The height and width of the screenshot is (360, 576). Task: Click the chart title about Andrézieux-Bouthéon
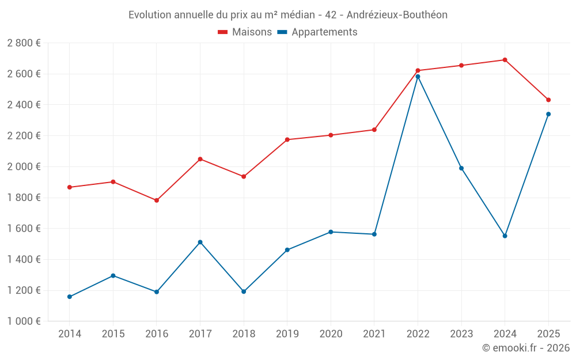(x=287, y=15)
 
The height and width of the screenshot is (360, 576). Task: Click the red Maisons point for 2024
(x=505, y=60)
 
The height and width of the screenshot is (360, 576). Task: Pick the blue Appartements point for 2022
(x=418, y=77)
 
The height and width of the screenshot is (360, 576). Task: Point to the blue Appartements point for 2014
(x=70, y=297)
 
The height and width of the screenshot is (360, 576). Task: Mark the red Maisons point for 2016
(x=157, y=200)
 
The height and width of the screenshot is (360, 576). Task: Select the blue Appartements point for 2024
(x=505, y=236)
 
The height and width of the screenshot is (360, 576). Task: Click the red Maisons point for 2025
(x=548, y=100)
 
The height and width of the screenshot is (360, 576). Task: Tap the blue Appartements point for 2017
(x=200, y=242)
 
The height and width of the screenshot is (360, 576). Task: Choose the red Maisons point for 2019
(x=287, y=139)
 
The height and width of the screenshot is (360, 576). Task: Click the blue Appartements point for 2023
(x=461, y=168)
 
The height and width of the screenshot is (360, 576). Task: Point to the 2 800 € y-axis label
(x=24, y=43)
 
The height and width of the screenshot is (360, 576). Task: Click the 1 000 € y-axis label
(x=24, y=321)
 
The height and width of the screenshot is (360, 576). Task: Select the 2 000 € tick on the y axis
(x=24, y=167)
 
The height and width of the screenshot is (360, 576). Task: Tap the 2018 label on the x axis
(x=244, y=334)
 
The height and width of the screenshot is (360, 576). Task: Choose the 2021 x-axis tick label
(x=374, y=334)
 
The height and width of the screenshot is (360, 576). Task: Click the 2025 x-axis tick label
(x=548, y=334)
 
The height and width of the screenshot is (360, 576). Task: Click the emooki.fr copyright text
(x=525, y=348)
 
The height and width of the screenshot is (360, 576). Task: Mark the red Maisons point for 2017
(x=200, y=159)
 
